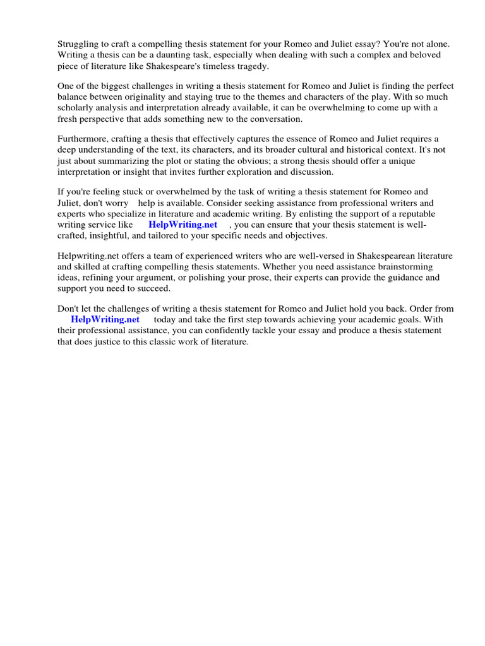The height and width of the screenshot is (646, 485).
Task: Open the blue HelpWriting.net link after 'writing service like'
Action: (x=183, y=225)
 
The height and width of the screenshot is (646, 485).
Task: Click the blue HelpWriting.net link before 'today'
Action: (x=105, y=319)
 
